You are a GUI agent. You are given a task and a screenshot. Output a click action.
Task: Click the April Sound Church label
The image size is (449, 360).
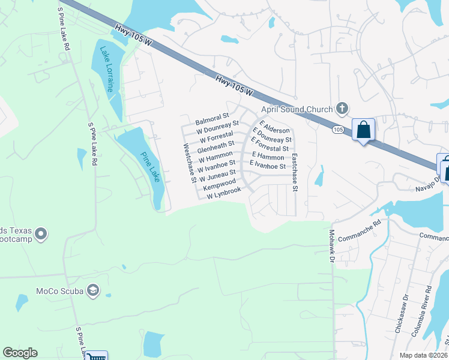point(296,109)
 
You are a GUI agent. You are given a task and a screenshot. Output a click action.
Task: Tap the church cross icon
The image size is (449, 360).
point(342,109)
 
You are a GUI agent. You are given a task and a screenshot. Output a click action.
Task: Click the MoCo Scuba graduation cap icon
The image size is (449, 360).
point(93,292)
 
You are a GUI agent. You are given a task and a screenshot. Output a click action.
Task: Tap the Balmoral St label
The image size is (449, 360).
point(212,118)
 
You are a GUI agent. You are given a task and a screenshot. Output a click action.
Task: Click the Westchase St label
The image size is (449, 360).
point(190,162)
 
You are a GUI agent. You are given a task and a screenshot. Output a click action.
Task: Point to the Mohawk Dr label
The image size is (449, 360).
point(331,245)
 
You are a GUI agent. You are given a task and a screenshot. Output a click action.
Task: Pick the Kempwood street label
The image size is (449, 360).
point(215,187)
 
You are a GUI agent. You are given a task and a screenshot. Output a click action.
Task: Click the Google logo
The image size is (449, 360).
point(20,353)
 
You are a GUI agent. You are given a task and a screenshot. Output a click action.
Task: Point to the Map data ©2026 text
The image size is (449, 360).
point(424,355)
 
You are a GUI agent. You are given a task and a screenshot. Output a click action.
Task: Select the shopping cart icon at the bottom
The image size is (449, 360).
point(95,357)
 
